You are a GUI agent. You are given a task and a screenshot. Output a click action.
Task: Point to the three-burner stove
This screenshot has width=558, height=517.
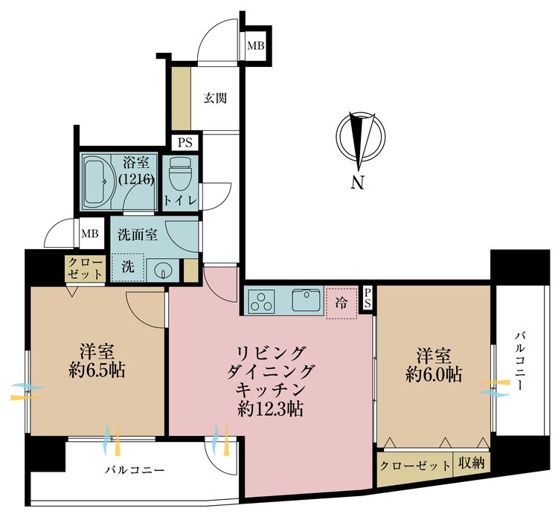point(262,301)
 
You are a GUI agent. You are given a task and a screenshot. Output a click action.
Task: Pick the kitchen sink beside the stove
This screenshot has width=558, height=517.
point(307,301)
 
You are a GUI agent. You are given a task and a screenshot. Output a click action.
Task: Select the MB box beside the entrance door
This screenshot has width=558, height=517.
point(255,47)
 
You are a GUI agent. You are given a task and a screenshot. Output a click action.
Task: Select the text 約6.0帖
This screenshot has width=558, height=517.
point(433,375)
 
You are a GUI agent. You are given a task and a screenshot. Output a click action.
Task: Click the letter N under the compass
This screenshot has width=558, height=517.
point(358,183)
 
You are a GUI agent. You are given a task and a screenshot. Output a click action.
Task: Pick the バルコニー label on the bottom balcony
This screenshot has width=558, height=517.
point(134,470)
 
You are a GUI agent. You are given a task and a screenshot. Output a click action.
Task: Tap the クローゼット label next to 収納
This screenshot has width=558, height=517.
point(414,466)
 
